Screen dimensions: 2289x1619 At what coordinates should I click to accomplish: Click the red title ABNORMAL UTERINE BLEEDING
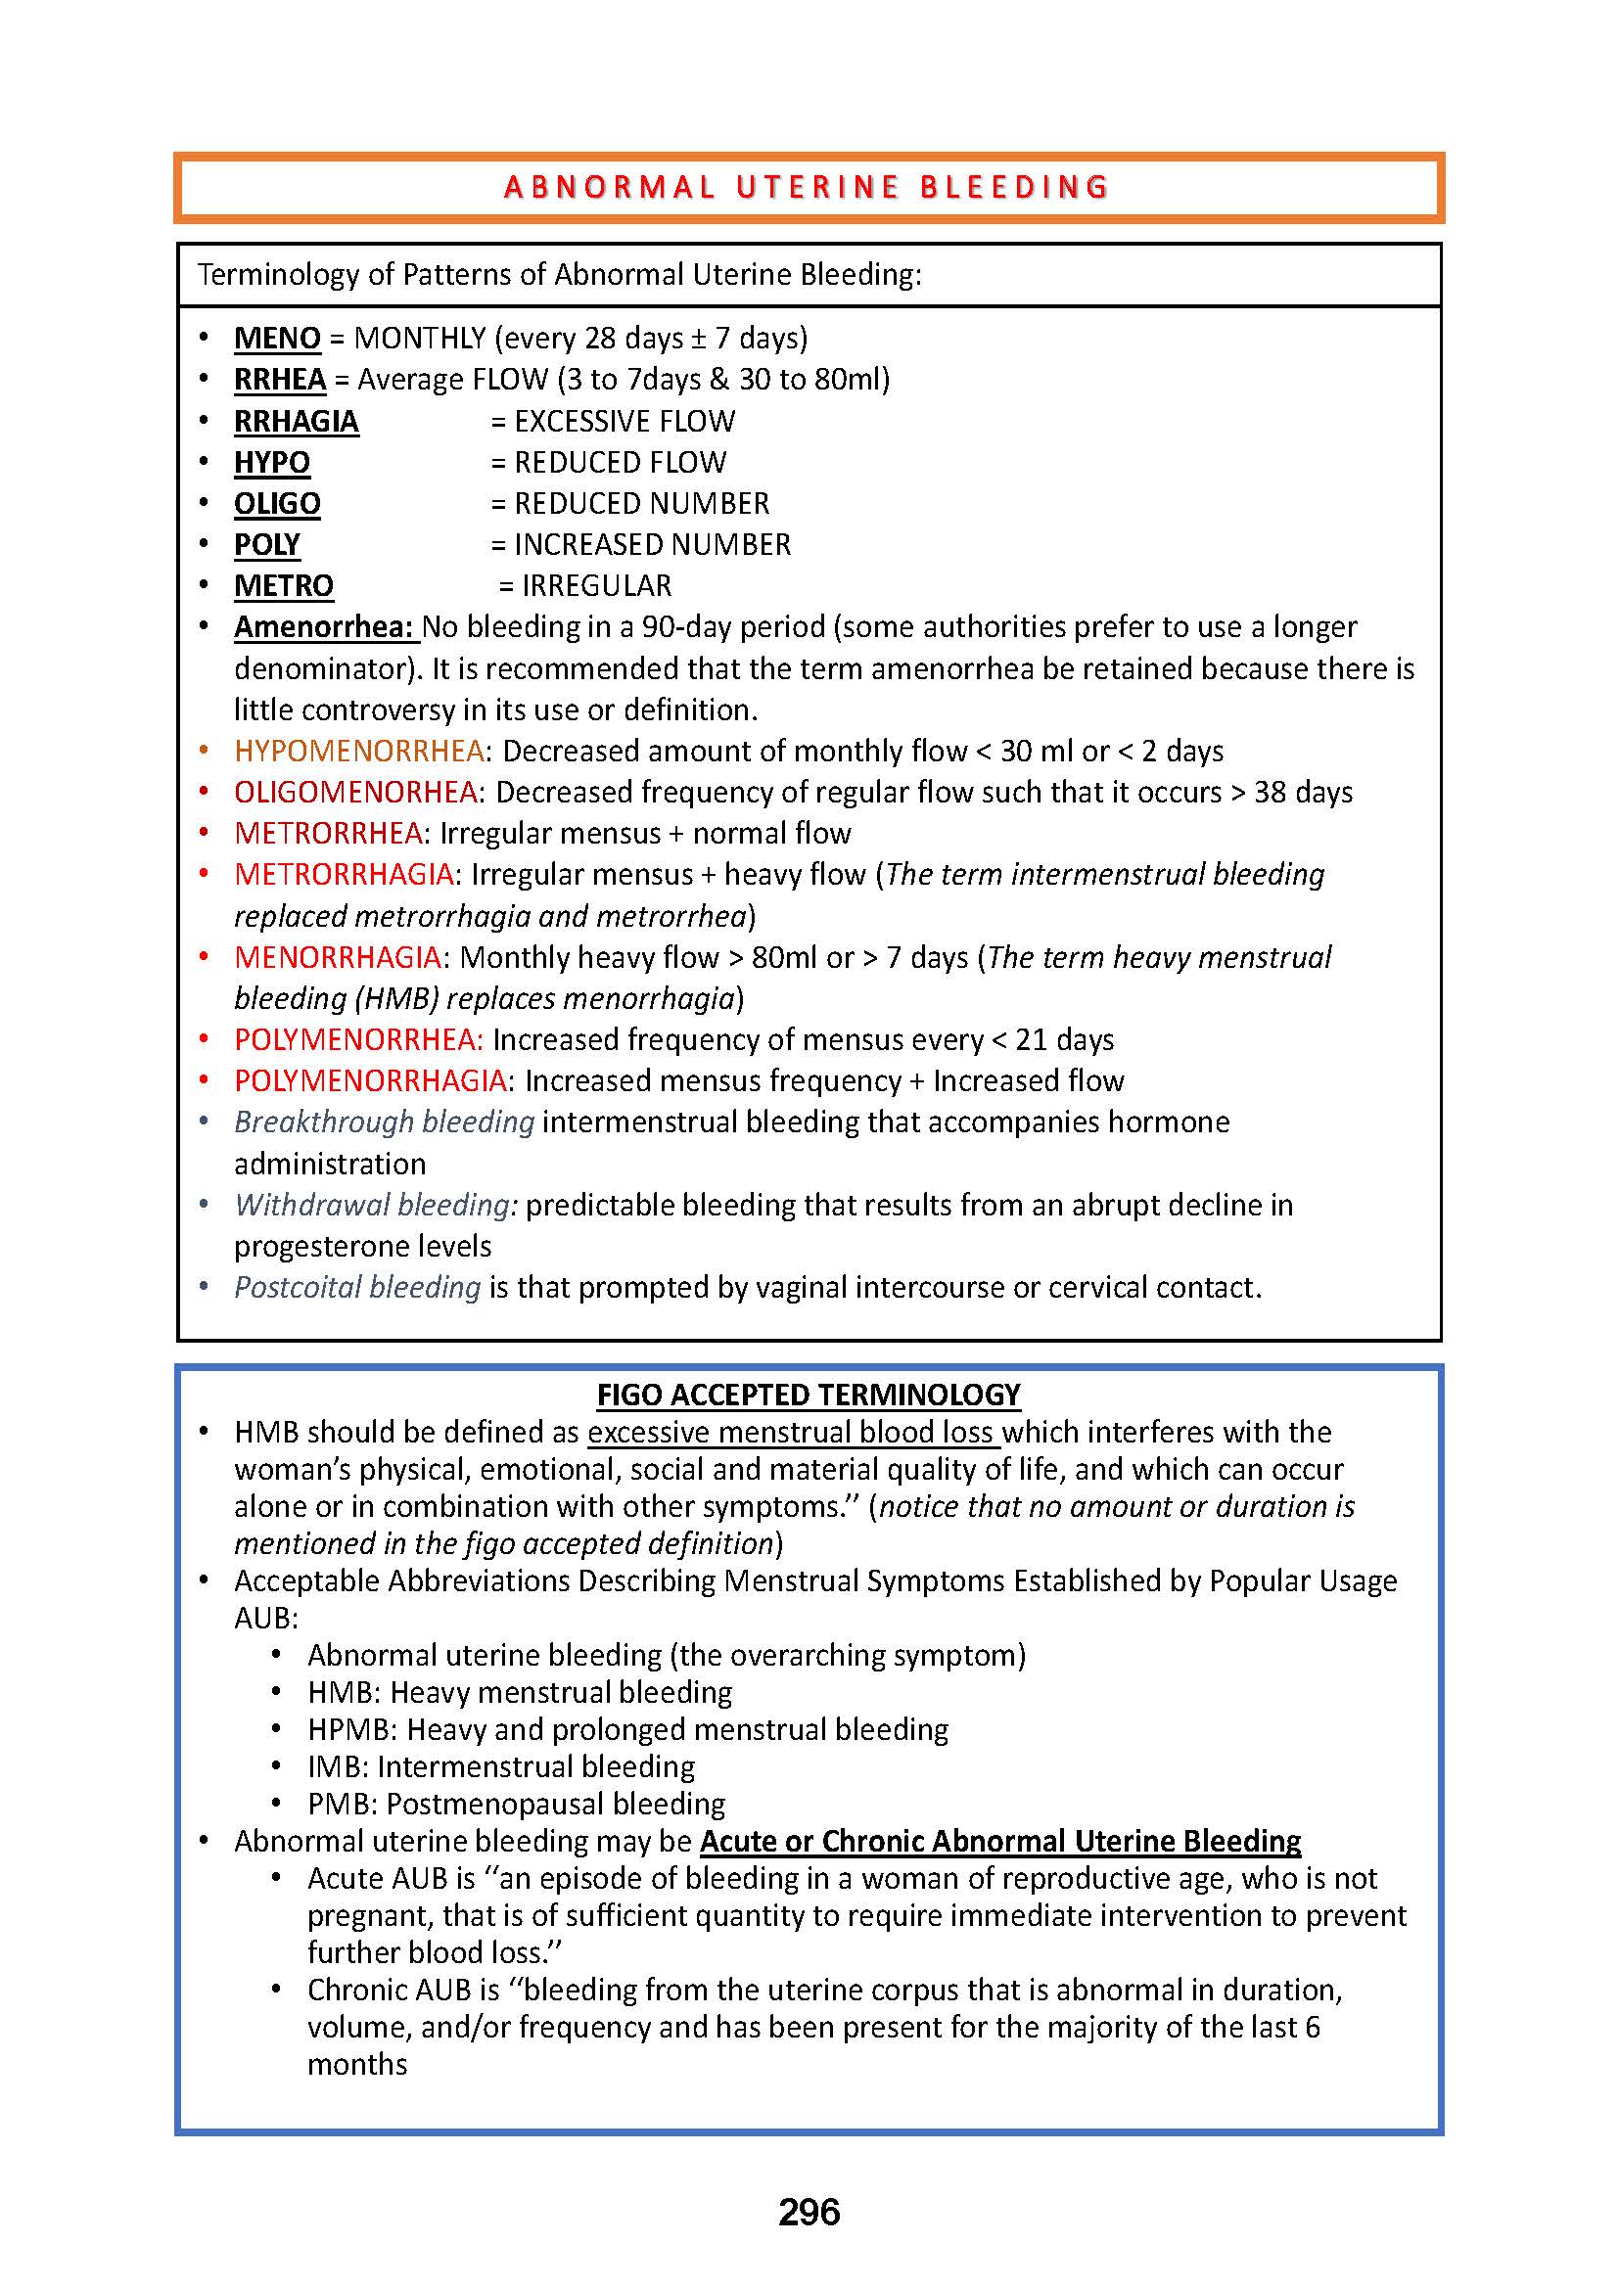(x=807, y=188)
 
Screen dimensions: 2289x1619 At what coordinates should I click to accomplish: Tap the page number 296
(x=809, y=2212)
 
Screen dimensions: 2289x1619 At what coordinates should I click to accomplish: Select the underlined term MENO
(x=277, y=338)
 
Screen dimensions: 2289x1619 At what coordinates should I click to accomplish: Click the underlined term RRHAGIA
(x=296, y=421)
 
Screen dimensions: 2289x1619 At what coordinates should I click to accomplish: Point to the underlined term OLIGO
(x=277, y=503)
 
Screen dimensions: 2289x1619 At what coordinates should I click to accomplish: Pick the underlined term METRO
(x=283, y=585)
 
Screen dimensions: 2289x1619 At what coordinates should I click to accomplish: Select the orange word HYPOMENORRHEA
(x=359, y=751)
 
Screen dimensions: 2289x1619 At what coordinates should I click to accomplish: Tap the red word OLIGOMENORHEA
(x=356, y=792)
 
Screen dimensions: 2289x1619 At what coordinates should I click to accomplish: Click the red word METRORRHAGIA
(x=344, y=874)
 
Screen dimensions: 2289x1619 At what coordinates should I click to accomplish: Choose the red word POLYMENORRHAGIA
(x=371, y=1080)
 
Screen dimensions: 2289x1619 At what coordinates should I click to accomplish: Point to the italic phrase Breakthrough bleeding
(x=384, y=1122)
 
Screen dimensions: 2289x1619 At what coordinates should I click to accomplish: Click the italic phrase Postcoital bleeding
(x=357, y=1287)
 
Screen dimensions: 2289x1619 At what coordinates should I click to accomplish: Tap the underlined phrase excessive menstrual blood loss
(x=793, y=1432)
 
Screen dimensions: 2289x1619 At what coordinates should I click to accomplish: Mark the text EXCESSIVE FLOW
(x=624, y=421)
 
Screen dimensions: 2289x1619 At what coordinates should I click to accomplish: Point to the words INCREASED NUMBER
(x=652, y=544)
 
